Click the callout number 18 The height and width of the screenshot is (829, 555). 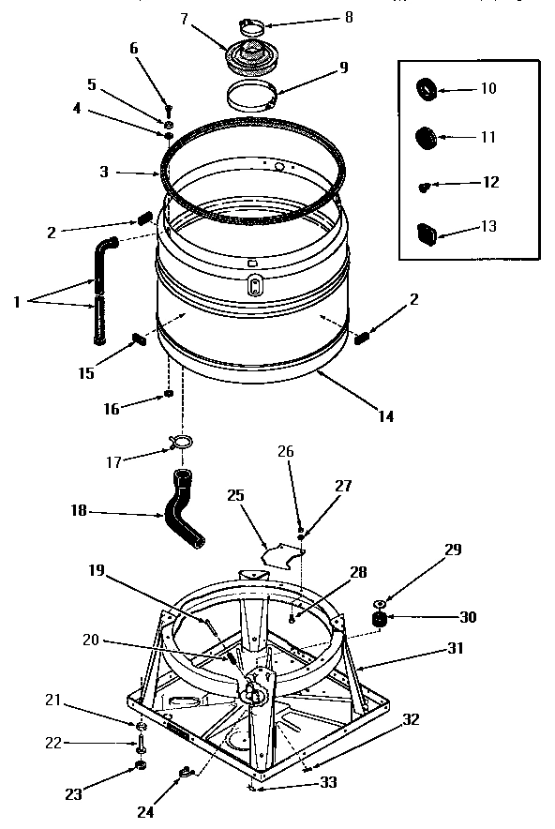tap(79, 511)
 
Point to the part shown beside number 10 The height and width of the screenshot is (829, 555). tap(426, 89)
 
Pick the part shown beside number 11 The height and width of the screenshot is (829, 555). tap(427, 137)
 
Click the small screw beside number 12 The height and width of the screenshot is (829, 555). tap(424, 187)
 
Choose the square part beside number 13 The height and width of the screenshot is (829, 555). tap(427, 230)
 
